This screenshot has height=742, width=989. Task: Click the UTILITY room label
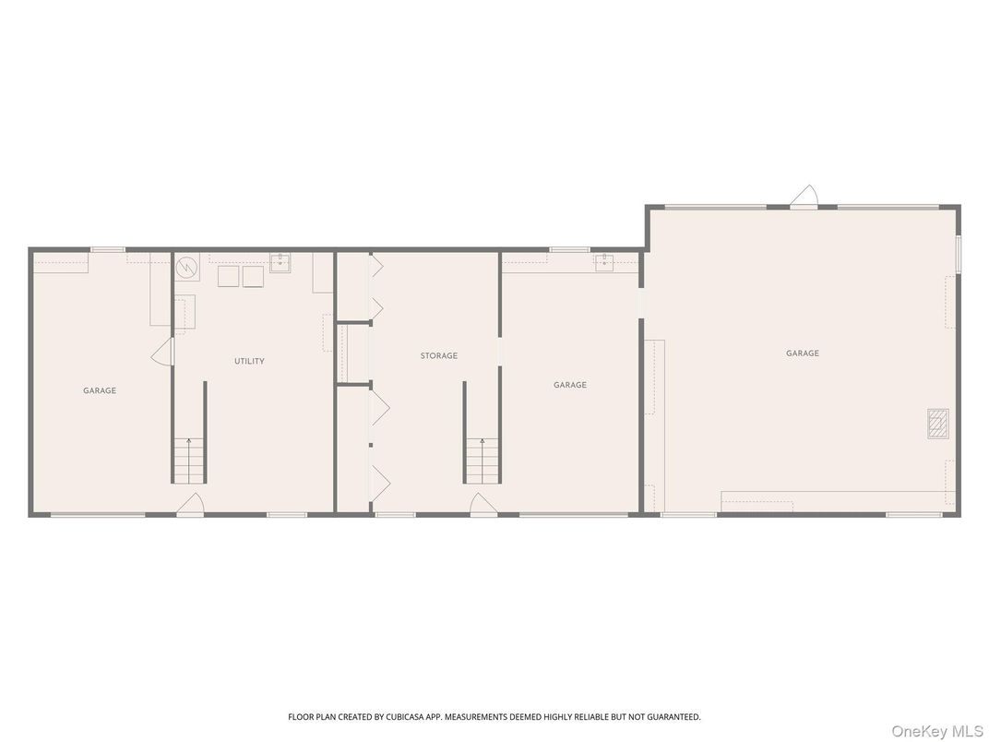tap(249, 361)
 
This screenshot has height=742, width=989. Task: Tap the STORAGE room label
tap(439, 355)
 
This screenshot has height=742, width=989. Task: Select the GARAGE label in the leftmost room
tap(100, 390)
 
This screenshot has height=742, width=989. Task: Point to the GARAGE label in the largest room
tap(802, 353)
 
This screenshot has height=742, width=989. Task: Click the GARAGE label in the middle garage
tap(569, 385)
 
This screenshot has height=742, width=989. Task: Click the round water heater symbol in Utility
tap(187, 267)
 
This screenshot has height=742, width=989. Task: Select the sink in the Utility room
tap(280, 264)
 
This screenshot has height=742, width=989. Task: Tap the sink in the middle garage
tap(604, 264)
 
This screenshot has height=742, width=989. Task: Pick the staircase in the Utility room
tap(189, 461)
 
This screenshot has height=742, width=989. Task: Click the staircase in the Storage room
tap(481, 461)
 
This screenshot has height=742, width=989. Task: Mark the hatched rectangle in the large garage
tap(936, 423)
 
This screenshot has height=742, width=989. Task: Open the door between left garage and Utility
tap(163, 351)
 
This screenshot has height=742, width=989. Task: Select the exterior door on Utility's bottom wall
tap(190, 504)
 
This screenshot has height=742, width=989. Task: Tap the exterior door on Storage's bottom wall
tap(483, 504)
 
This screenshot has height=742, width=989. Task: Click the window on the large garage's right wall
tap(959, 254)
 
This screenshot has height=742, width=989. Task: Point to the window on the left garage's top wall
tap(108, 249)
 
